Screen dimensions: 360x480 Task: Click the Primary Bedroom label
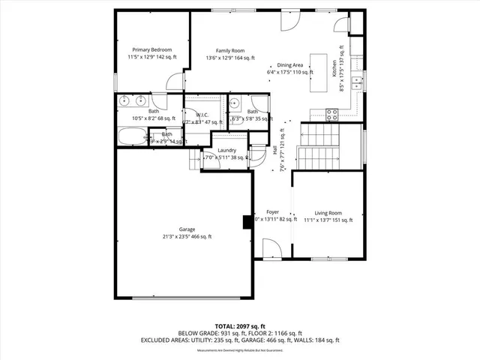pos(146,49)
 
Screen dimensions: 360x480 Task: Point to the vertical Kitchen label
pos(334,69)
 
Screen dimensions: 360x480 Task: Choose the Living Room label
pos(327,213)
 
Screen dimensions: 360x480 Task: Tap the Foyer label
pos(272,212)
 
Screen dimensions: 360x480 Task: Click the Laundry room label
pos(227,149)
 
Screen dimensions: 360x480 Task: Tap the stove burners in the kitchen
pos(332,114)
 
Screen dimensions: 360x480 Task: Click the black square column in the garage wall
pos(247,222)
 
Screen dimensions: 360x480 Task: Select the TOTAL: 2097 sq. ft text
pos(240,326)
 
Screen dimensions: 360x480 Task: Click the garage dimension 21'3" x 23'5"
pos(187,236)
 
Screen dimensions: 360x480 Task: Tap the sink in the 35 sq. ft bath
pos(234,104)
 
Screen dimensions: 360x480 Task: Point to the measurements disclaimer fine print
pos(240,350)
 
